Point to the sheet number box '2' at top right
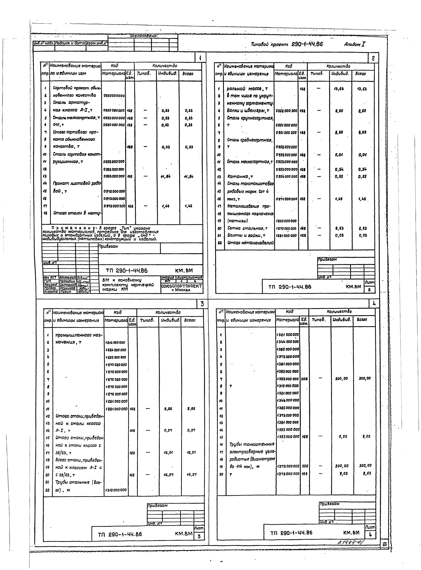point(373,58)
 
